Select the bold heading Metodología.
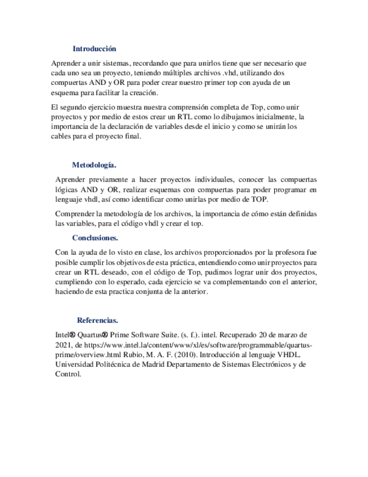94,165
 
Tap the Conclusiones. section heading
95,238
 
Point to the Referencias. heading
97,321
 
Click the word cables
61,137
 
